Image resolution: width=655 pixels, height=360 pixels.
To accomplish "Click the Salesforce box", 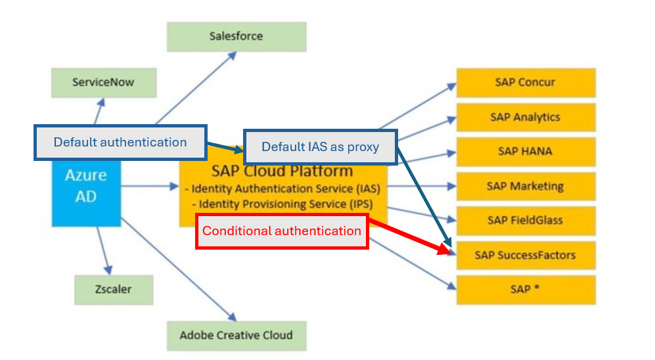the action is [237, 37].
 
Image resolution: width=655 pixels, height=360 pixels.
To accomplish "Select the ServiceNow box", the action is [104, 83].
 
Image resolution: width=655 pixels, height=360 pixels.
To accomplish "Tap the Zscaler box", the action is [114, 290].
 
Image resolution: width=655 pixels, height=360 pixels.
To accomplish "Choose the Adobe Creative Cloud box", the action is [237, 336].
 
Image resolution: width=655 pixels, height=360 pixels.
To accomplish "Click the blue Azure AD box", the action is [86, 193].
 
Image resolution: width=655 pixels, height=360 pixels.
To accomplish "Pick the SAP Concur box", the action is [526, 83].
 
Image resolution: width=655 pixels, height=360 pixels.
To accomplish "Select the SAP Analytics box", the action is [526, 118].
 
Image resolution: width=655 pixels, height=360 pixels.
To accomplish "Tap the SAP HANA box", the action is [526, 152].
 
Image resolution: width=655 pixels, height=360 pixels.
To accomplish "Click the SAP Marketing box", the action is [526, 187].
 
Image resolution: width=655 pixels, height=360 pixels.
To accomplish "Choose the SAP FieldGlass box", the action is [526, 221].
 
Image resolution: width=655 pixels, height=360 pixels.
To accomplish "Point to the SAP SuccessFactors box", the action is [526, 255].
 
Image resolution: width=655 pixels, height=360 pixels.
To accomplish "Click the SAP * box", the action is [526, 290].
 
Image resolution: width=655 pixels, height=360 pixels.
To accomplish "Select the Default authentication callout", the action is [120, 143].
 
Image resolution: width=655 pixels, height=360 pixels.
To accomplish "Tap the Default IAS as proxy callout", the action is [321, 147].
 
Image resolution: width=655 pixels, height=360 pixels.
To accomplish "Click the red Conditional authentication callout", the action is [282, 231].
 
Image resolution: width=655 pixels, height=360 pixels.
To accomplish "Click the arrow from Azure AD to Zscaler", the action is [104, 250].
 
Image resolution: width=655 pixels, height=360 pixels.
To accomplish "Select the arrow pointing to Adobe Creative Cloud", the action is [179, 269].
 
